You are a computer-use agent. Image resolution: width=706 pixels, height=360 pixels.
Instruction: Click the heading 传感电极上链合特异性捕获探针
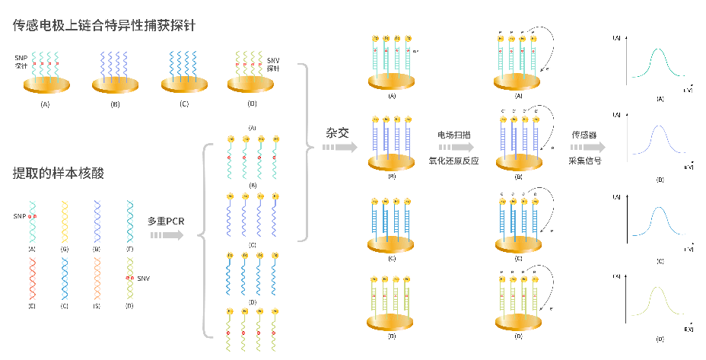tap(104, 25)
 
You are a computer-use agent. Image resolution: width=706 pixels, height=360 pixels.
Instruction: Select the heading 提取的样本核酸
tap(59, 173)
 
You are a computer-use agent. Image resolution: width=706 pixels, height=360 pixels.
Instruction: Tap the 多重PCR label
tap(166, 221)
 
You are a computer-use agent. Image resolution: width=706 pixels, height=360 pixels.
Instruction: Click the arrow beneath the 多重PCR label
tap(167, 235)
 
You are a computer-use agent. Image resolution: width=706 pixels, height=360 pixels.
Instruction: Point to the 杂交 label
tap(338, 132)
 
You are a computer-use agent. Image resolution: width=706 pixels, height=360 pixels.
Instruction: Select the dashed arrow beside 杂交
tap(339, 146)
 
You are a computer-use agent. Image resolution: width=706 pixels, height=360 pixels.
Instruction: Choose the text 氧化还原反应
tap(454, 161)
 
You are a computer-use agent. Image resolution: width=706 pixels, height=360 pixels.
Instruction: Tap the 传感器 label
tap(586, 135)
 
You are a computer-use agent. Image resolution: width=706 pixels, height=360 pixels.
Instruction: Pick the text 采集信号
tap(586, 161)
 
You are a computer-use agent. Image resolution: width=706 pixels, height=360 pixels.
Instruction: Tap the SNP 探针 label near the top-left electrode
tap(21, 62)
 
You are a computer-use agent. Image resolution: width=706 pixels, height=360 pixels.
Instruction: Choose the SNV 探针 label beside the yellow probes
tap(273, 64)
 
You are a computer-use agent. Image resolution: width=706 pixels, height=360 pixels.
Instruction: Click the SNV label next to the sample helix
tap(143, 279)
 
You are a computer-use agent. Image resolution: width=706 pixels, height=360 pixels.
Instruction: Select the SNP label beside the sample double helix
tap(19, 216)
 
